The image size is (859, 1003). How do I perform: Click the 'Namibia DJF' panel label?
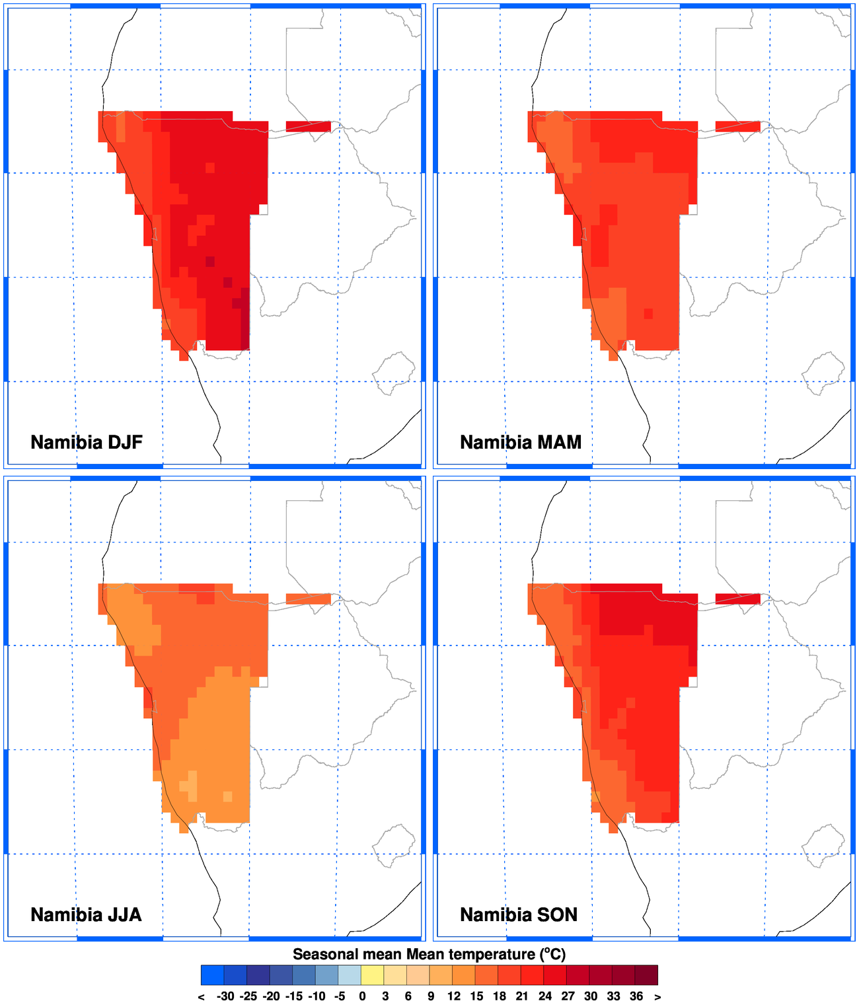click(87, 442)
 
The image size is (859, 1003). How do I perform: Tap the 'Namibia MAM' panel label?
click(521, 442)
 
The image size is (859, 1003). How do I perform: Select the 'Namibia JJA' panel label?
click(86, 914)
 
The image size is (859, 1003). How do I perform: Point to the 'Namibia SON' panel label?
click(519, 914)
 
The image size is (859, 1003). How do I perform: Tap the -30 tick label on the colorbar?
click(225, 996)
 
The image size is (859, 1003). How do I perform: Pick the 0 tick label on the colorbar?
click(362, 996)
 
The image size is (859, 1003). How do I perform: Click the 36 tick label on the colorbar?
click(636, 996)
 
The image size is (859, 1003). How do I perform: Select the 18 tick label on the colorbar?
click(499, 996)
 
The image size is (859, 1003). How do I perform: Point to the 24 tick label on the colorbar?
click(544, 996)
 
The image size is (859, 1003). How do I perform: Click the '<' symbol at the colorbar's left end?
click(201, 996)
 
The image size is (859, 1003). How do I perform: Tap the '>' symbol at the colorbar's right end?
click(657, 996)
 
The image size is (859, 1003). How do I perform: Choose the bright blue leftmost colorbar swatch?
click(212, 975)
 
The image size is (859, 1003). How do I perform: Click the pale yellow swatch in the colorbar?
click(372, 975)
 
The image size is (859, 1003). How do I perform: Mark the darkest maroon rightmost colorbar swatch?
click(646, 975)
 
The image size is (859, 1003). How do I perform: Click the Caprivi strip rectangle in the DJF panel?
click(308, 126)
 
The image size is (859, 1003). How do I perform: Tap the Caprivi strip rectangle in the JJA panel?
click(308, 599)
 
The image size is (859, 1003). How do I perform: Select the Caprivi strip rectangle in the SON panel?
click(737, 599)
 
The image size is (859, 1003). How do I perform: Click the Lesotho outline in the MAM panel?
click(823, 374)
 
